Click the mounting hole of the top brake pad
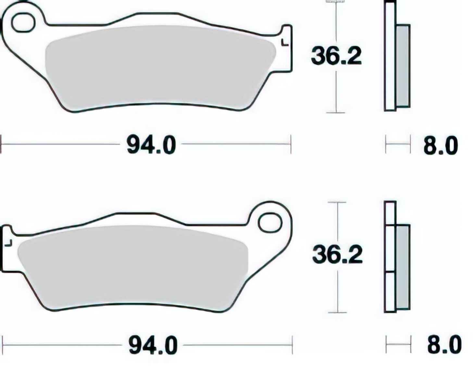pyautogui.click(x=23, y=22)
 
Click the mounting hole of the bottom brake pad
pyautogui.click(x=269, y=222)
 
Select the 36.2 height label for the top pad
pyautogui.click(x=336, y=56)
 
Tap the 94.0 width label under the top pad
pyautogui.click(x=151, y=145)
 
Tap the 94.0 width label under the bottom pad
pyautogui.click(x=153, y=345)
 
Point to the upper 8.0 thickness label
pyautogui.click(x=440, y=146)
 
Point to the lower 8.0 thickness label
pyautogui.click(x=444, y=345)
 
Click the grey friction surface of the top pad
pyautogui.click(x=159, y=68)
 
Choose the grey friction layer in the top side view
pyautogui.click(x=403, y=66)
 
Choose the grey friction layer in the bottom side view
pyautogui.click(x=403, y=267)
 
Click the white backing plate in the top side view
pyautogui.click(x=390, y=58)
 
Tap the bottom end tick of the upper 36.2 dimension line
pyautogui.click(x=335, y=113)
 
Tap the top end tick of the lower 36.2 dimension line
pyautogui.click(x=337, y=202)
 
